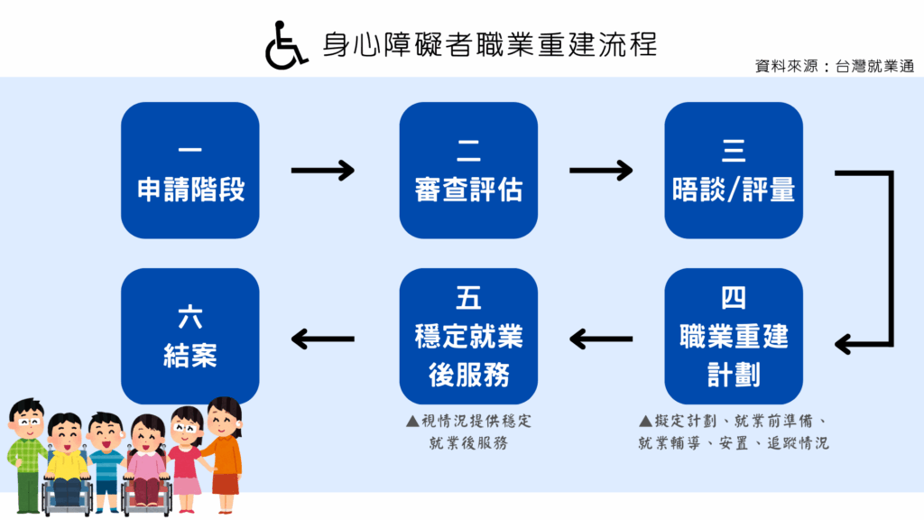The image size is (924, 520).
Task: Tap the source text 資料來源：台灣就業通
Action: (x=835, y=67)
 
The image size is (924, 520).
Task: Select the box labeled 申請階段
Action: (x=190, y=171)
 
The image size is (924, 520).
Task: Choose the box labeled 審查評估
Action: (x=468, y=171)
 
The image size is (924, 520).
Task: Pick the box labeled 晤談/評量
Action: (x=733, y=171)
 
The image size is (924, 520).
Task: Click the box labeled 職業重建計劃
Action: (x=733, y=336)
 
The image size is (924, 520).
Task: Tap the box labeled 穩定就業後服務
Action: (x=468, y=336)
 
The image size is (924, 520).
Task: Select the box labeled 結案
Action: (x=190, y=336)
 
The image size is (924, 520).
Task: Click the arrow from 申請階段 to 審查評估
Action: (x=322, y=170)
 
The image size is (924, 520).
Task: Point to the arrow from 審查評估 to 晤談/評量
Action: (x=601, y=170)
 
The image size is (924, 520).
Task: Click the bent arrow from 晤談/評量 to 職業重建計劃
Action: (x=889, y=257)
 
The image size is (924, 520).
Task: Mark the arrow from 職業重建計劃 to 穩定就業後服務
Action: (x=601, y=339)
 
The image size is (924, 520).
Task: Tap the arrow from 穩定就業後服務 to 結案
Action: (x=322, y=339)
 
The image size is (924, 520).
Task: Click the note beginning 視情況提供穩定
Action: (x=468, y=432)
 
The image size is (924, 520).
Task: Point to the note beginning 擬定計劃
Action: (x=733, y=432)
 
